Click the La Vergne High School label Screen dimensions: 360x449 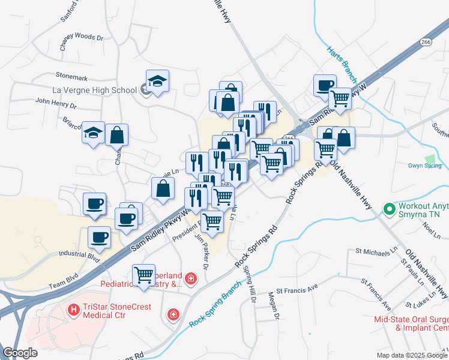pyautogui.click(x=95, y=91)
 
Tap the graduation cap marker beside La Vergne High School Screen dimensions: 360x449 pyautogui.click(x=157, y=82)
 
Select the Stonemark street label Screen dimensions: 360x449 pyautogui.click(x=71, y=77)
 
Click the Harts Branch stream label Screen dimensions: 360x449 pyautogui.click(x=342, y=64)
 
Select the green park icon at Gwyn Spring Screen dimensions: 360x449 pyautogui.click(x=430, y=160)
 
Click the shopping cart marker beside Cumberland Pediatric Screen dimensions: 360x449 pyautogui.click(x=143, y=275)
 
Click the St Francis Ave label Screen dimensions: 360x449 pyautogui.click(x=297, y=289)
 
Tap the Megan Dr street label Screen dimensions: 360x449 pyautogui.click(x=274, y=305)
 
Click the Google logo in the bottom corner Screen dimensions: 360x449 pyautogui.click(x=20, y=353)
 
